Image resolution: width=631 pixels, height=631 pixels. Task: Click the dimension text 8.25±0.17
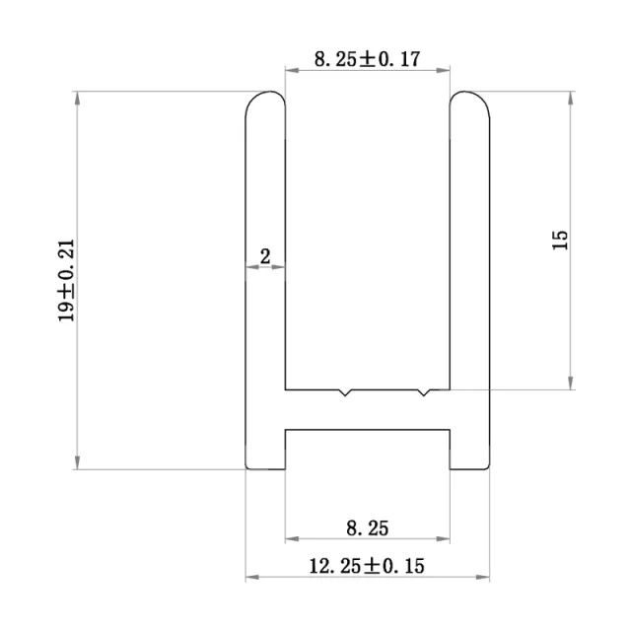[367, 59]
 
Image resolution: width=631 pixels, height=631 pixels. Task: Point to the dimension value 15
[560, 240]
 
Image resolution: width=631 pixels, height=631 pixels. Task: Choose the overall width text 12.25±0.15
[368, 566]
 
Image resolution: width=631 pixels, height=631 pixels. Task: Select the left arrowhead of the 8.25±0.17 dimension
[290, 70]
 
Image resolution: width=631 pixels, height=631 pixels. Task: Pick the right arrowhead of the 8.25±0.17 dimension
[446, 70]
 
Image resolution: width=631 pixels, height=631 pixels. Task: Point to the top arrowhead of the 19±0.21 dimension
[77, 97]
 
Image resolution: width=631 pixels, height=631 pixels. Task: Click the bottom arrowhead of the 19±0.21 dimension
[77, 464]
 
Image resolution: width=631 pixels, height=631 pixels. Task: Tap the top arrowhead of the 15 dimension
[570, 97]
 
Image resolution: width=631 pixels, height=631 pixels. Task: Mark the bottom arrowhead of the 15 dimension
[570, 384]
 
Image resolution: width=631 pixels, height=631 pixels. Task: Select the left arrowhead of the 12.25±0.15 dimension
[250, 577]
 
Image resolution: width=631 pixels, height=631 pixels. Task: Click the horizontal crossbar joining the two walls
[367, 408]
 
